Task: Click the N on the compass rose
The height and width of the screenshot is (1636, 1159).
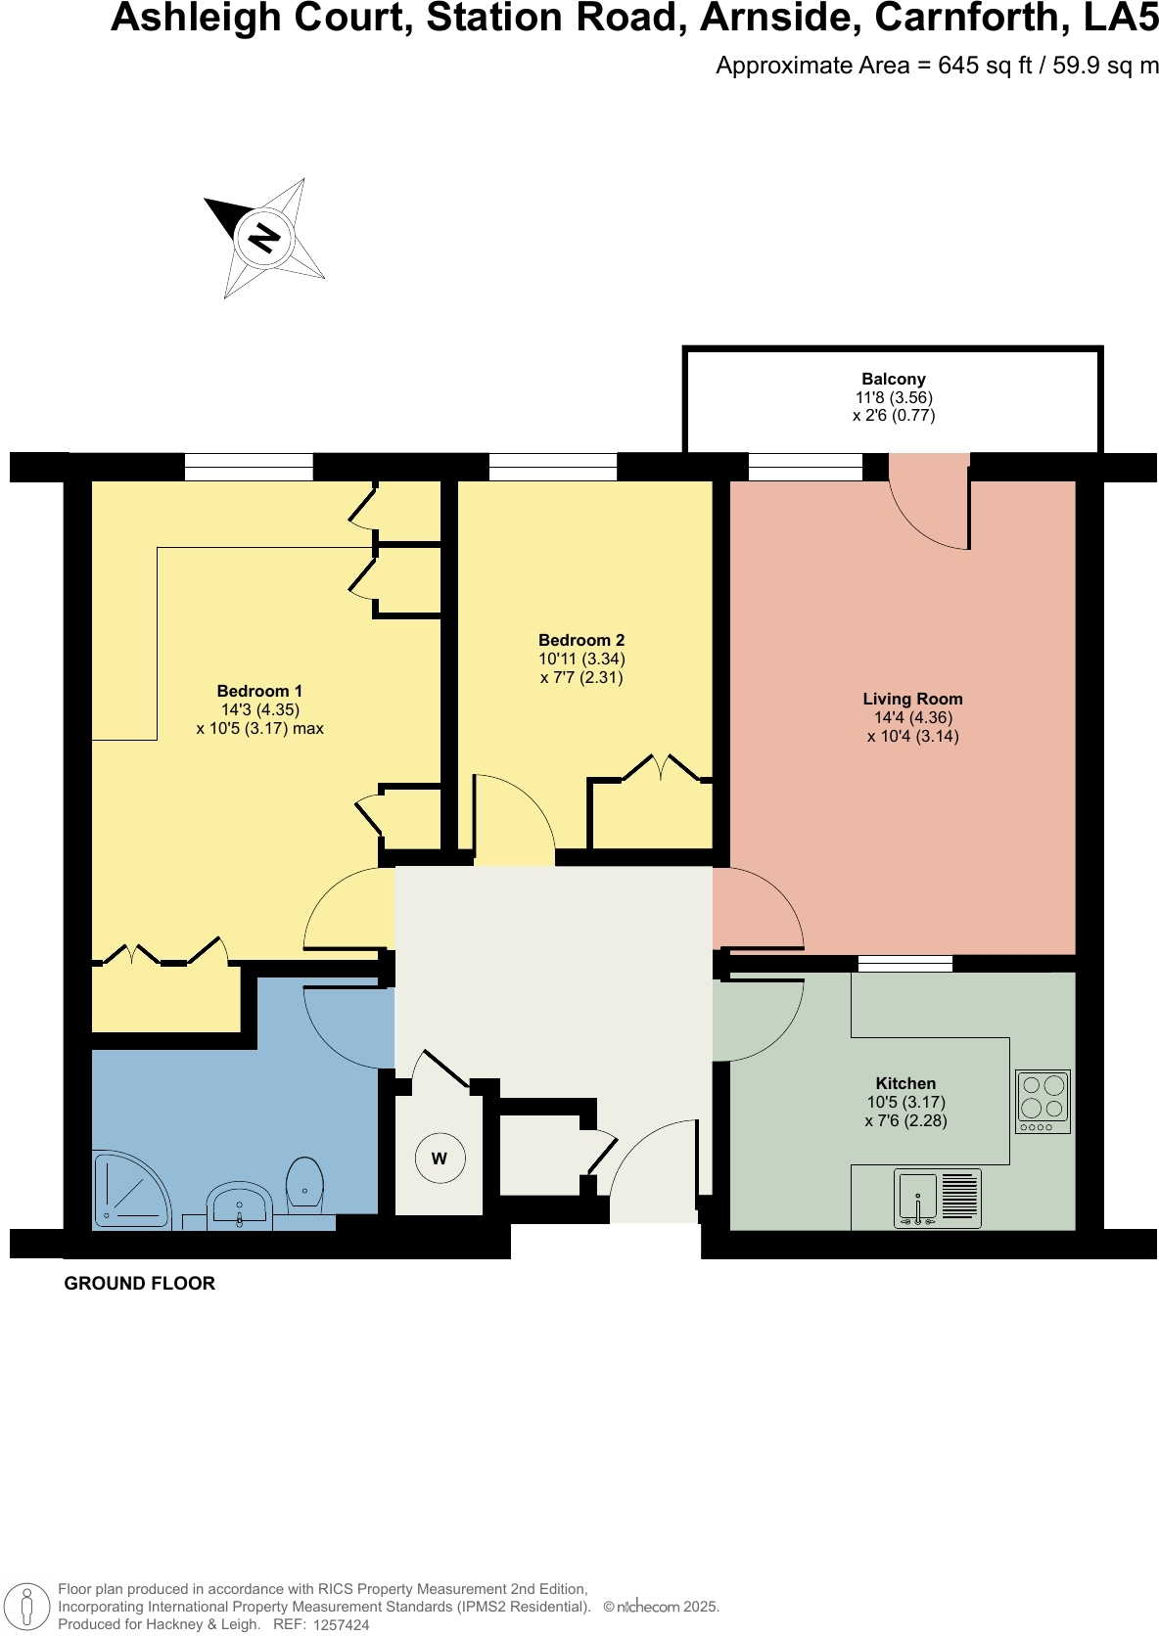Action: coord(263,238)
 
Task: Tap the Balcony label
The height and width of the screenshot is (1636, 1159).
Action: coord(893,380)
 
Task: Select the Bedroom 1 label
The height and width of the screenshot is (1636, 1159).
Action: coord(259,691)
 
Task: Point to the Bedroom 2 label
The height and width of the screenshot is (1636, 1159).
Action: coord(581,640)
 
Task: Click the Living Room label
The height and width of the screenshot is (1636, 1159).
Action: coord(912,699)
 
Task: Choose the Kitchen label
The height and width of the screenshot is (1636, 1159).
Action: coord(905,1083)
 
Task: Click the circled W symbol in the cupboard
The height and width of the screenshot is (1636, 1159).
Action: coord(439,1159)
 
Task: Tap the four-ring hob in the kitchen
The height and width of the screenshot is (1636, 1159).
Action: coord(1043,1101)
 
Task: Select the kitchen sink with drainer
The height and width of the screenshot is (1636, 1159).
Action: coord(938,1199)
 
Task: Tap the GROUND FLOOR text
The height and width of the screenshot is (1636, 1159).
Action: coord(139,1284)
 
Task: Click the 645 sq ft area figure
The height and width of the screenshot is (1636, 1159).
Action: coord(985,66)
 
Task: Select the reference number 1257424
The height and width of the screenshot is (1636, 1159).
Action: coord(341,1625)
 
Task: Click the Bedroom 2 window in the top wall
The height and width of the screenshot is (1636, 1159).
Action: coord(553,467)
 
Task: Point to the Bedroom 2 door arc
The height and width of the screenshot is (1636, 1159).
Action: coord(514,817)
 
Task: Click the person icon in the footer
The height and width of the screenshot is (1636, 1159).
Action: coord(27,1607)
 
